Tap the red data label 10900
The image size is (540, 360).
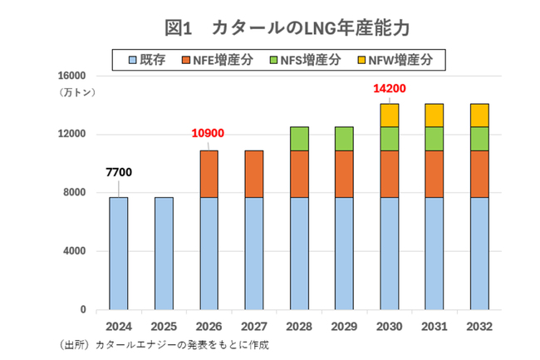coord(208,134)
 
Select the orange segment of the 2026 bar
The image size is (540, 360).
coord(208,174)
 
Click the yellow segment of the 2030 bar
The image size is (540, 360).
coord(388,116)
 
